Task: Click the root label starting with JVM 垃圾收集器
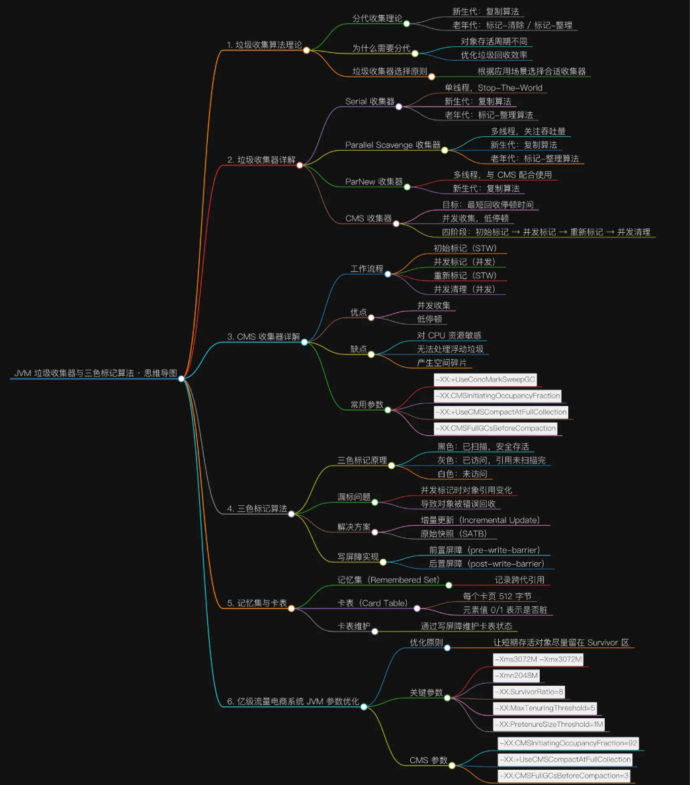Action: point(95,373)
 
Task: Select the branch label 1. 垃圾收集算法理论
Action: point(264,45)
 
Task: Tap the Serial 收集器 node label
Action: point(370,101)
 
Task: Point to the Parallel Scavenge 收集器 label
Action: point(393,145)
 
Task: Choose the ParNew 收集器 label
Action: point(374,181)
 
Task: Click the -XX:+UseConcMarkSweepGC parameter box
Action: point(484,379)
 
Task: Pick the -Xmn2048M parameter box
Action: point(517,675)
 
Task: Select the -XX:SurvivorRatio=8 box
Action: point(529,692)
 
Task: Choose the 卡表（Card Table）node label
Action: point(372,603)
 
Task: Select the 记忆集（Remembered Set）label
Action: point(388,580)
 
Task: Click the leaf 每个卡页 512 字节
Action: point(497,596)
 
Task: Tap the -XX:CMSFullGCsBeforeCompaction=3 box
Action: point(564,775)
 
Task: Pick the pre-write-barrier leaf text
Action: point(484,550)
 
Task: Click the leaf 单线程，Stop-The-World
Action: point(493,87)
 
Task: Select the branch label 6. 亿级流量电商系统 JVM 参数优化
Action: point(293,702)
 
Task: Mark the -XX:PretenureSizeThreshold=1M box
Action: point(548,724)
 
